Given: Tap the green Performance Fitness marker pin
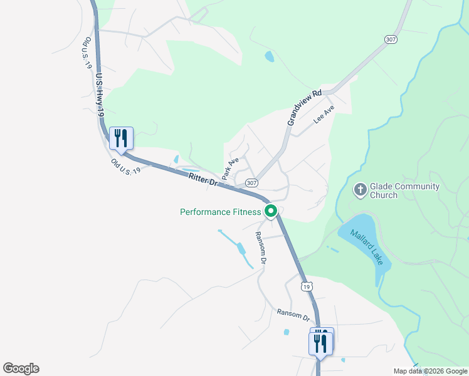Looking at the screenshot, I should click(x=271, y=211).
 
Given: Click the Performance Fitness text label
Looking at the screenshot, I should click(x=220, y=212).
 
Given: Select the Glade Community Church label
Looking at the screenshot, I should click(x=404, y=191).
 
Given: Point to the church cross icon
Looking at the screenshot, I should click(x=361, y=189).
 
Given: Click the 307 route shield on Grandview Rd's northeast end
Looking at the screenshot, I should click(x=391, y=39).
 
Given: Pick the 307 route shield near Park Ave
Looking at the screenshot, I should click(x=251, y=183).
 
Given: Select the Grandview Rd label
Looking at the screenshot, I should click(x=305, y=107).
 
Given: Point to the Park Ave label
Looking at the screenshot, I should click(x=230, y=167).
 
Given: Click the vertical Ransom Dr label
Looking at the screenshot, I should click(x=261, y=248).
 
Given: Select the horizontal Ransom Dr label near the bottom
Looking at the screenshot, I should click(x=293, y=315).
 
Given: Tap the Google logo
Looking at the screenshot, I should click(x=21, y=368).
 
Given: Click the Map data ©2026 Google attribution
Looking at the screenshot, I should click(x=431, y=370).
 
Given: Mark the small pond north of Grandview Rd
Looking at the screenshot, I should click(x=270, y=57).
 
